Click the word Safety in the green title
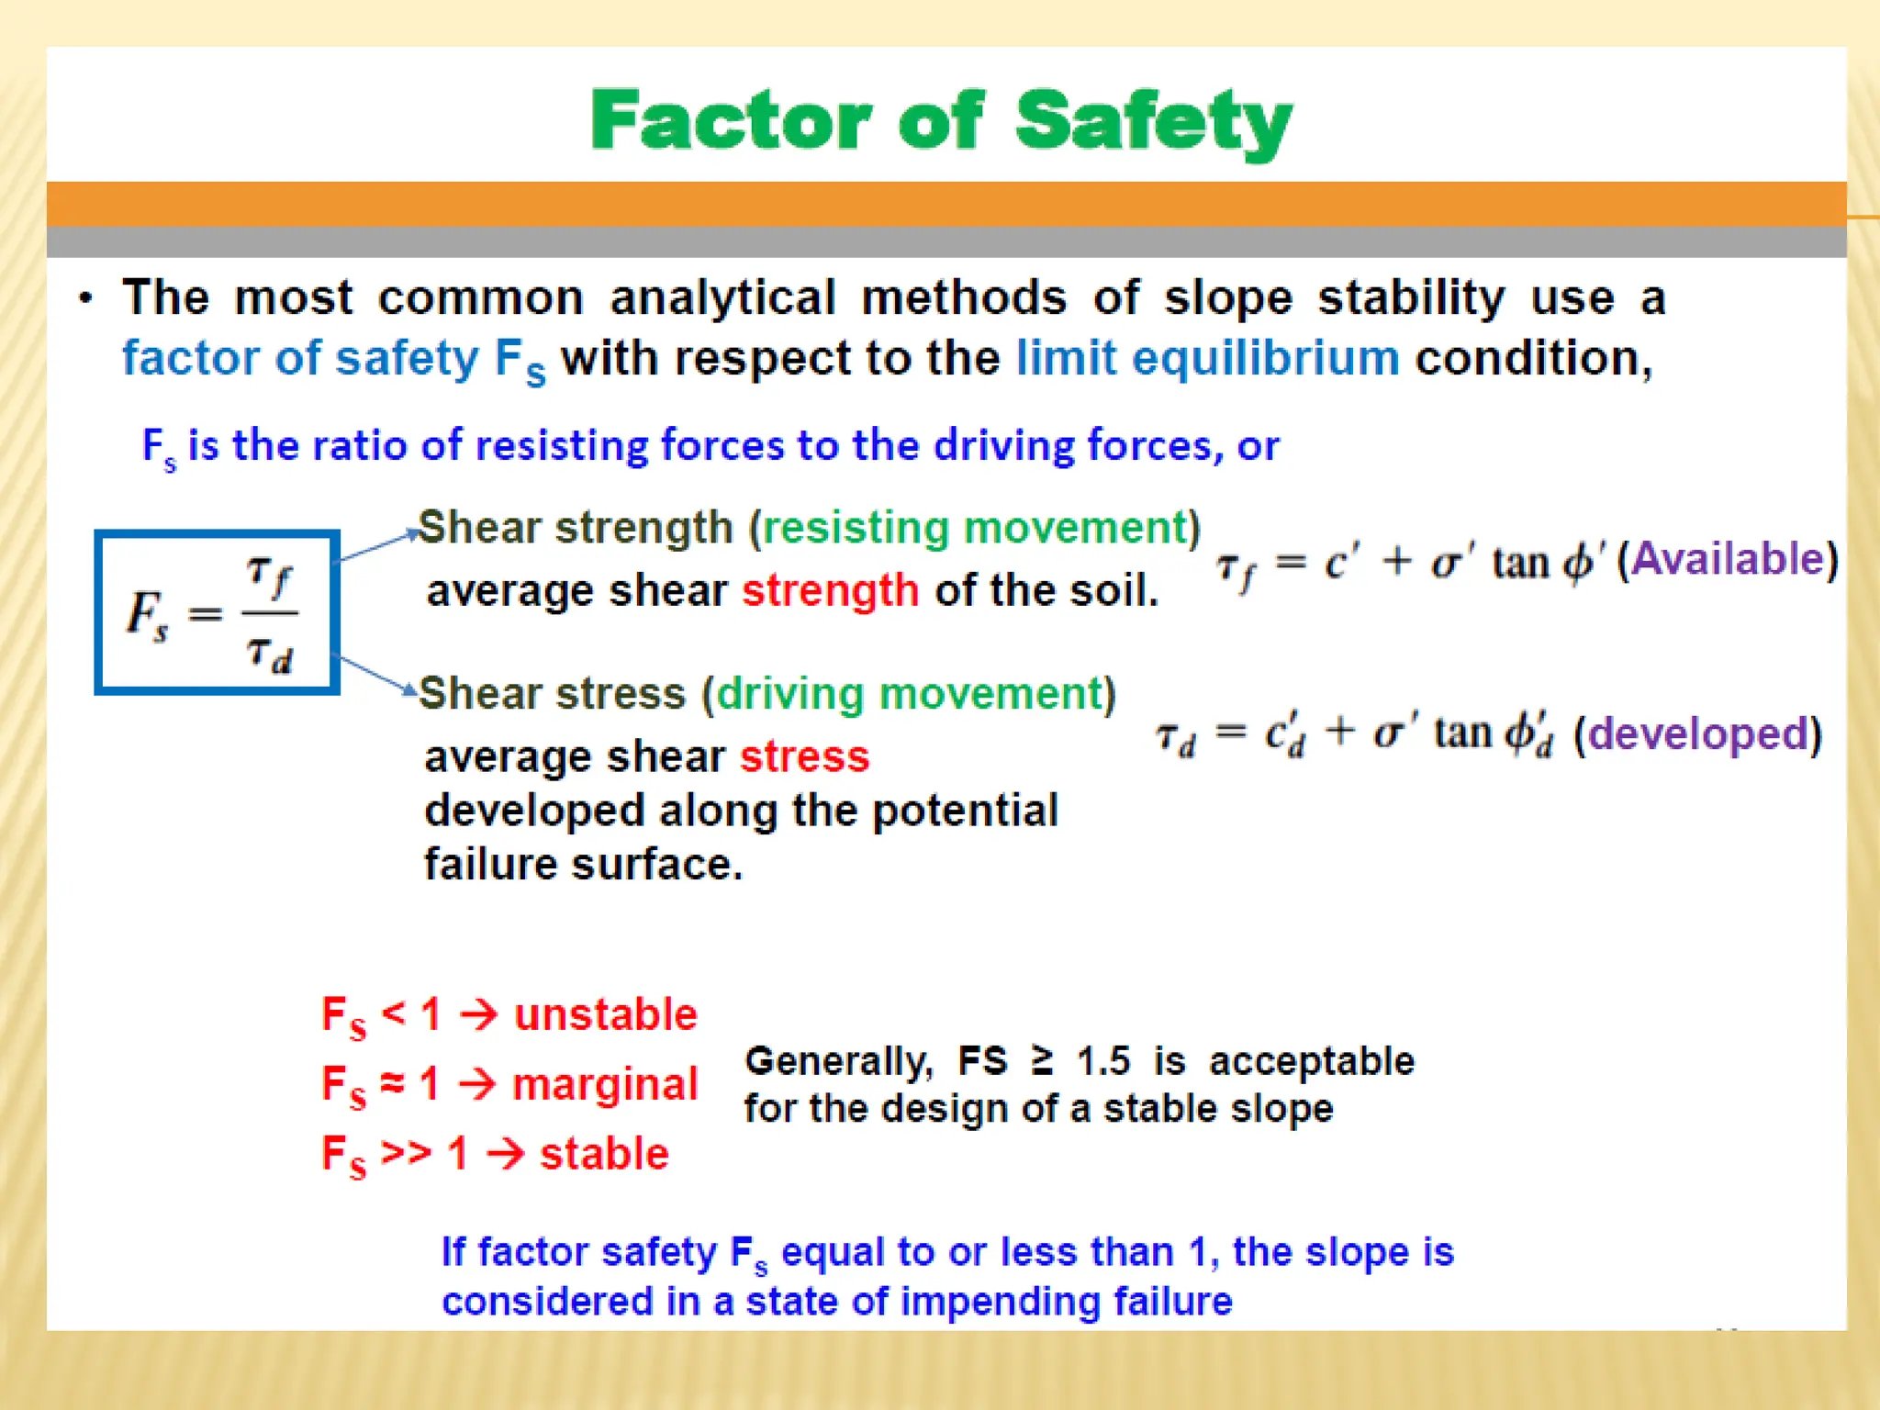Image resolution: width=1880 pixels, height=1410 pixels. point(1153,122)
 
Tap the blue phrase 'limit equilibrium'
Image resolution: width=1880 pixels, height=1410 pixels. point(1207,357)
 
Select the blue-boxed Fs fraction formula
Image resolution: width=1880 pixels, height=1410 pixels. point(217,612)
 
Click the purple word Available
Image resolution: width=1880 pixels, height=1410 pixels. point(1728,558)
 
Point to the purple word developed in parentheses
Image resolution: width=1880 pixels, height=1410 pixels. point(1697,733)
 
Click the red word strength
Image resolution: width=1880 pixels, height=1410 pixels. point(830,590)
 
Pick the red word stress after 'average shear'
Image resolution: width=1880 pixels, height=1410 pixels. point(804,757)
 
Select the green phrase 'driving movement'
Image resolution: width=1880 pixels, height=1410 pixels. point(909,693)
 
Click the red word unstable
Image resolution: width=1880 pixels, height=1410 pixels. point(605,1014)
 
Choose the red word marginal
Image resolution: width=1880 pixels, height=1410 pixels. point(604,1084)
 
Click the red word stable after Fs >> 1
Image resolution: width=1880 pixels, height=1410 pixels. point(603,1153)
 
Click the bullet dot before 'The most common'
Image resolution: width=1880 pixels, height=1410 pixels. point(85,298)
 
